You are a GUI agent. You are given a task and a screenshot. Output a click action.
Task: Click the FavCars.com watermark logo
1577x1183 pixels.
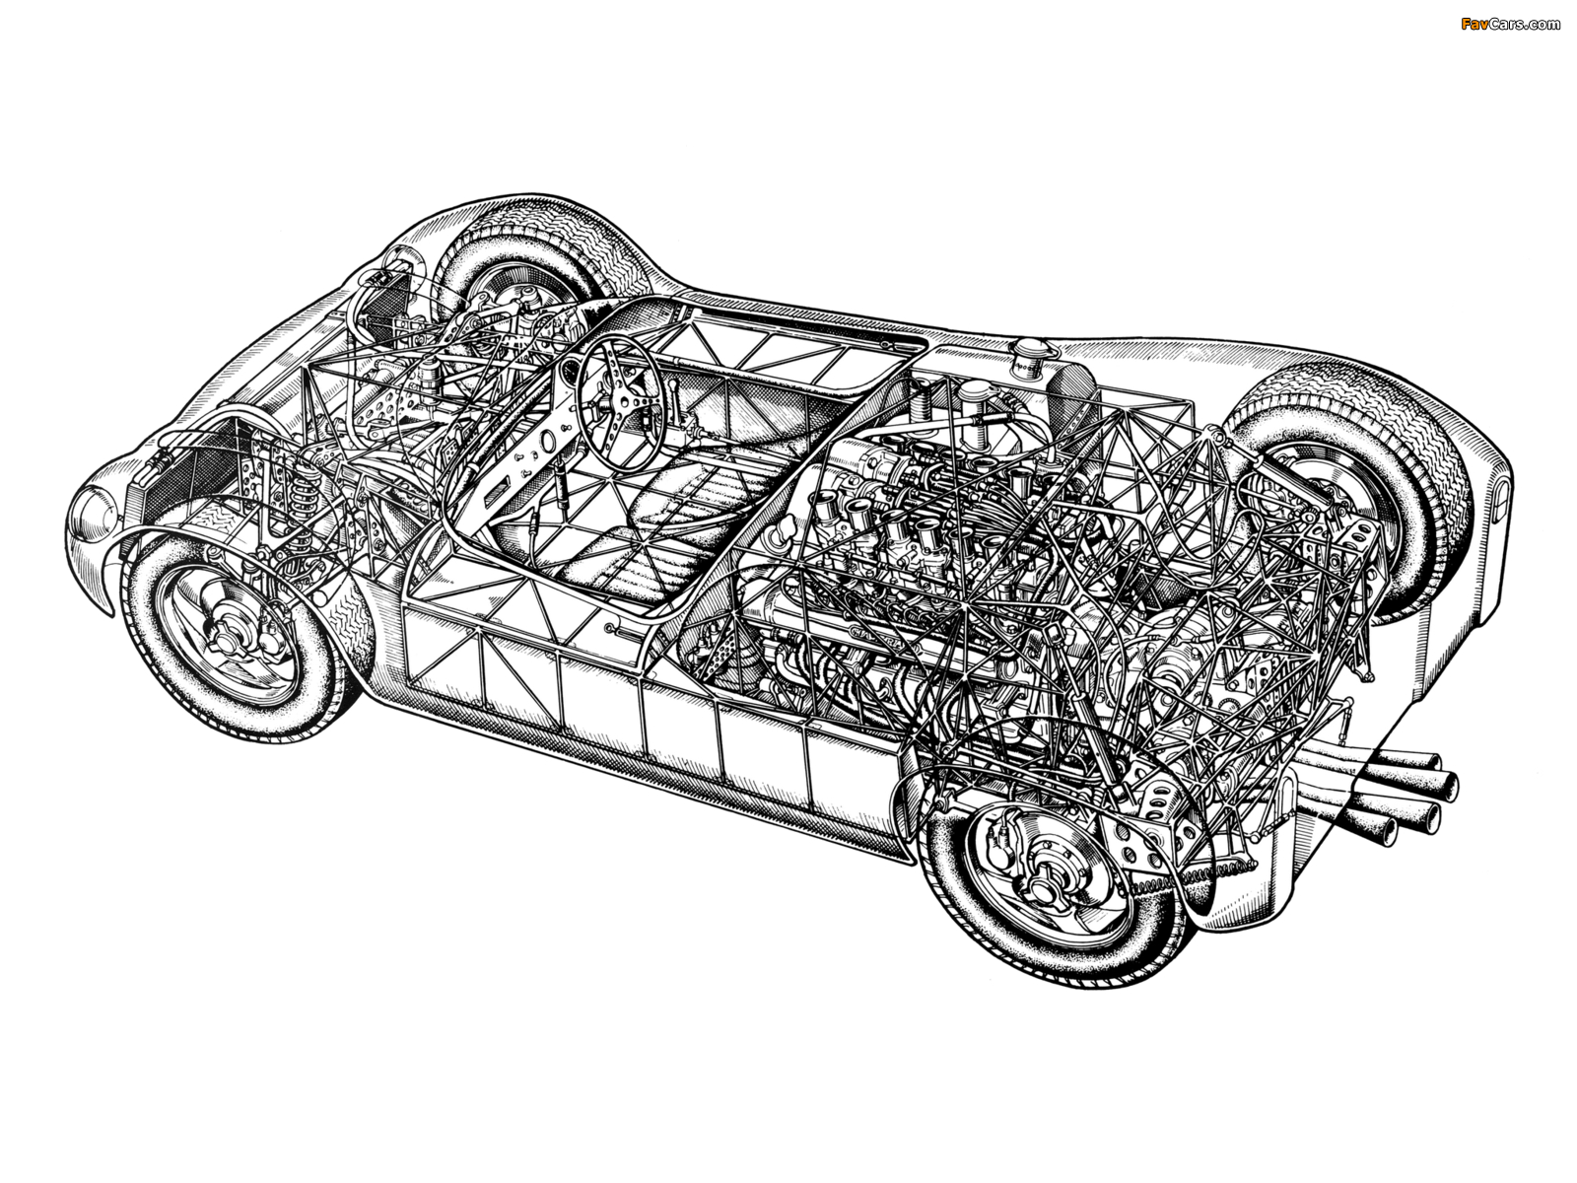tap(1510, 25)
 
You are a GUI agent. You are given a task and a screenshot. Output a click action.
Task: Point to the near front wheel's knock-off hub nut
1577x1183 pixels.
tap(228, 635)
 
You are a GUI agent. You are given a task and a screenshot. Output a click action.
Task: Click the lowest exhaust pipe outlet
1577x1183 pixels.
tap(1377, 832)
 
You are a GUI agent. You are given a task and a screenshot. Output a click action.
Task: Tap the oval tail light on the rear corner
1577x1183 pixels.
tap(1500, 496)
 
